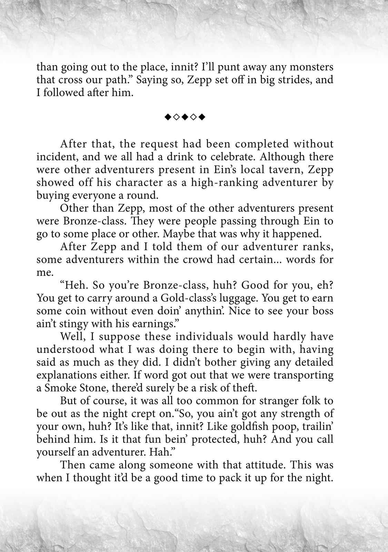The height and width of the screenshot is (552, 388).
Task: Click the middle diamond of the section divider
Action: (x=185, y=118)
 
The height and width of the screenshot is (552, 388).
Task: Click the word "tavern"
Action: (x=263, y=170)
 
